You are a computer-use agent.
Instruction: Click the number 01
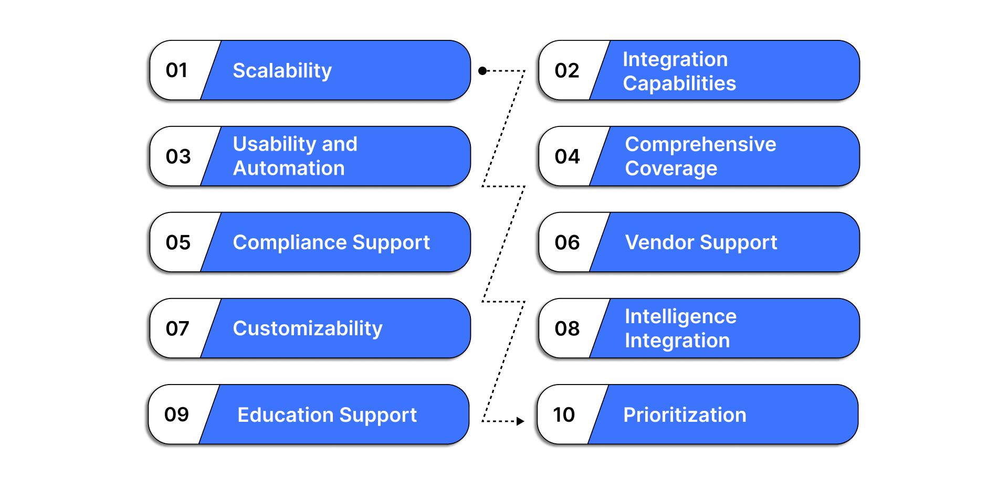[176, 70]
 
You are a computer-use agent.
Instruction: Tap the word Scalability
[282, 70]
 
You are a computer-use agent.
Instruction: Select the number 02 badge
[566, 70]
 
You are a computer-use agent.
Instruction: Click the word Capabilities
[679, 83]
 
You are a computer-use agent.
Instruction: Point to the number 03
[178, 156]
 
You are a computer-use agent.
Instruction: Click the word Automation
[289, 168]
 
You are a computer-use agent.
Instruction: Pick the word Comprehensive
[700, 144]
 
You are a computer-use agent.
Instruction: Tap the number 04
[567, 156]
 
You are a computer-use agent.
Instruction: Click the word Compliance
[290, 242]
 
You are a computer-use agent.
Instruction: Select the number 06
[567, 242]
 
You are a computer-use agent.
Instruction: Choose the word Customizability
[308, 328]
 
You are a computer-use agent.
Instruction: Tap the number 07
[177, 328]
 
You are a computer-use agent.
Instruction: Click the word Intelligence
[680, 316]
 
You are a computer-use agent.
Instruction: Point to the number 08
[567, 328]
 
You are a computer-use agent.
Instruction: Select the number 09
[176, 414]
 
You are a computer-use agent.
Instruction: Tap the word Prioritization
[684, 415]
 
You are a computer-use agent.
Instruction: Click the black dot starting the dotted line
[482, 70]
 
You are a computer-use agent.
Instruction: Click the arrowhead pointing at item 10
[520, 421]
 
